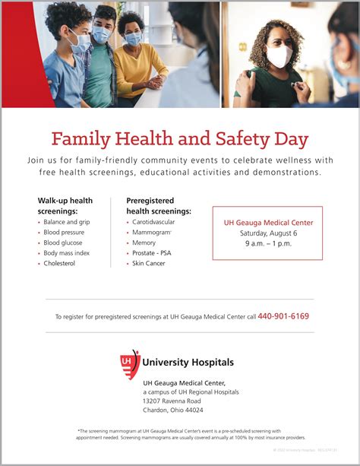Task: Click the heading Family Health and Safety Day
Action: pos(180,139)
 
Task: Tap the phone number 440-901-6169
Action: pos(283,316)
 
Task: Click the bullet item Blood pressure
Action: pos(64,233)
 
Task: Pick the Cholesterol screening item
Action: pos(59,263)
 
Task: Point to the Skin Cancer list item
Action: pos(148,263)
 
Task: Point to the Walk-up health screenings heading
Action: pos(65,205)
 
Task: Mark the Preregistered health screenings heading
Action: pos(158,205)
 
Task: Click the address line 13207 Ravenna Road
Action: pos(172,401)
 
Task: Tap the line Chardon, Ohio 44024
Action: pos(173,410)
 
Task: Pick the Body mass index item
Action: pos(66,253)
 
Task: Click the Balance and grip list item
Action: pos(67,222)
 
